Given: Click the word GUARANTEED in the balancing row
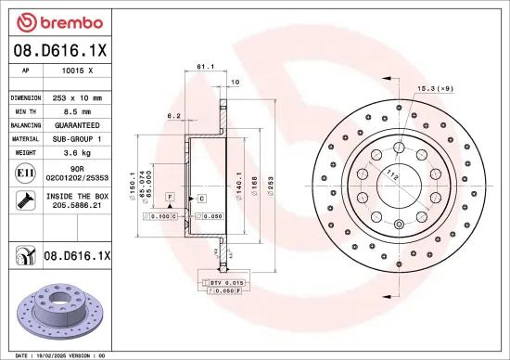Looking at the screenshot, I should pyautogui.click(x=77, y=124).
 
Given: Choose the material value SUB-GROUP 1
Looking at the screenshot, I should pyautogui.click(x=77, y=137).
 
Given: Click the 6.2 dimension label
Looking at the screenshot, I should pyautogui.click(x=172, y=117).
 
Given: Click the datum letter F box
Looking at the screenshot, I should pyautogui.click(x=171, y=199).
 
